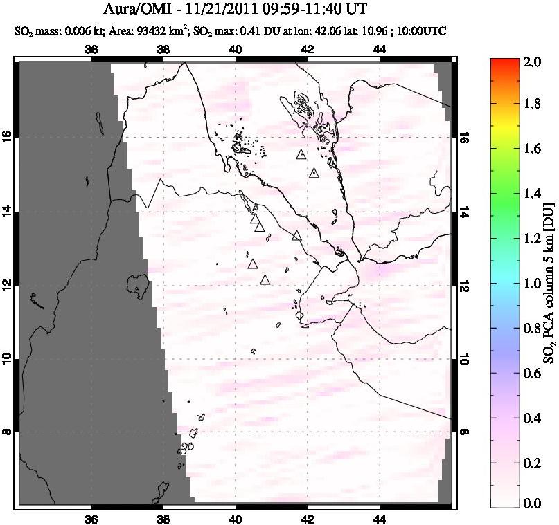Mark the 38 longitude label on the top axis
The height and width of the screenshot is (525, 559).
(x=163, y=50)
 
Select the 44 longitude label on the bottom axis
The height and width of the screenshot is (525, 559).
(x=380, y=519)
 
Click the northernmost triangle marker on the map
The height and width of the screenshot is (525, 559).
(x=300, y=155)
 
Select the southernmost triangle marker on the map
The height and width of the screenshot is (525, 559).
(x=265, y=280)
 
